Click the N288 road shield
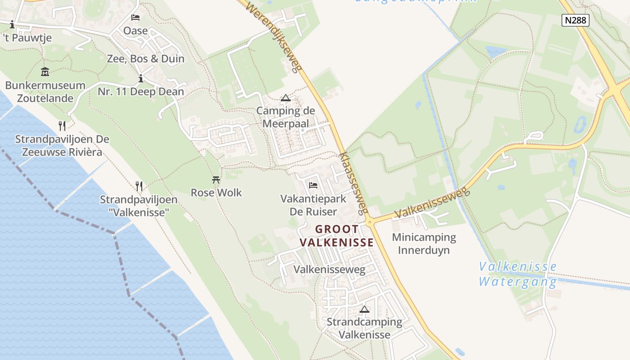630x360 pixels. tap(576, 20)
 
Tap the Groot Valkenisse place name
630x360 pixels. tap(337, 236)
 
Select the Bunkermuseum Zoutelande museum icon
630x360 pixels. tap(45, 72)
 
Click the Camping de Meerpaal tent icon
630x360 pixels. tap(285, 98)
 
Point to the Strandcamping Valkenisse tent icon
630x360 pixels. tap(364, 309)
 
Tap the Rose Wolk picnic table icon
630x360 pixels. tap(216, 180)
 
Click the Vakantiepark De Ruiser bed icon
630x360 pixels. tap(313, 185)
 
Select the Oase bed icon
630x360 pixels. tap(135, 18)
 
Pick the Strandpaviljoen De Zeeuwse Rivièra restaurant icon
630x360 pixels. tap(62, 126)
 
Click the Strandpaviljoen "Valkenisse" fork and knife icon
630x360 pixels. tap(139, 186)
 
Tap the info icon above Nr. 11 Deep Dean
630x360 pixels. tap(141, 79)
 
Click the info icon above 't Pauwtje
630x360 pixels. tap(12, 24)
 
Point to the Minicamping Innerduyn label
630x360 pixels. tap(424, 243)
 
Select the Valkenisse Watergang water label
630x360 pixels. tap(517, 274)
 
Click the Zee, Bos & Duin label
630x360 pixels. tap(146, 58)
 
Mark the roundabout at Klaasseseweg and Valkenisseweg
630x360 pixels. tap(369, 221)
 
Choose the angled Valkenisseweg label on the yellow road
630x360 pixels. tap(432, 205)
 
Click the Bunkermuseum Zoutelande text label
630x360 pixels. tap(45, 91)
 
